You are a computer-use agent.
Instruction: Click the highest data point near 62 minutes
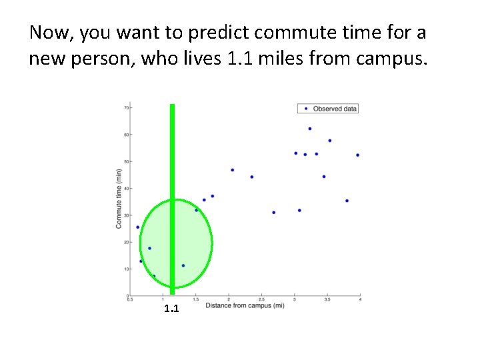(310, 129)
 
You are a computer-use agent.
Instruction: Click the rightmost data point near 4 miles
(357, 155)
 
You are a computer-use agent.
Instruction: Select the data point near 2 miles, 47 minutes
(232, 170)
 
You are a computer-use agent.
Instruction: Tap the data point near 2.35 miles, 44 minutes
(252, 177)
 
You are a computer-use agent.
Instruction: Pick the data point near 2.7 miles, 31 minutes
(274, 213)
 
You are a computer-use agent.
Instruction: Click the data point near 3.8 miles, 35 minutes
(347, 201)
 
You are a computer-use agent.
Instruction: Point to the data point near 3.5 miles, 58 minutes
(329, 141)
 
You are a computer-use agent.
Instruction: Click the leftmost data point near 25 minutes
(138, 227)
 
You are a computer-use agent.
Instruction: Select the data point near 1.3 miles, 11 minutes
(183, 265)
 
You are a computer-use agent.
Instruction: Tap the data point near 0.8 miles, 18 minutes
(149, 248)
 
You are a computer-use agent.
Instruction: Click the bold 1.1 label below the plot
(171, 309)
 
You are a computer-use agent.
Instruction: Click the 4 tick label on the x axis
(360, 301)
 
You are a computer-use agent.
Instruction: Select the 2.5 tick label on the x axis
(261, 301)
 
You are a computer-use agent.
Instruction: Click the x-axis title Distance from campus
(245, 306)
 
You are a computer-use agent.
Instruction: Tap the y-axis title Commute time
(119, 199)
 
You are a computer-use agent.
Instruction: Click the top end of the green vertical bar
(172, 106)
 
